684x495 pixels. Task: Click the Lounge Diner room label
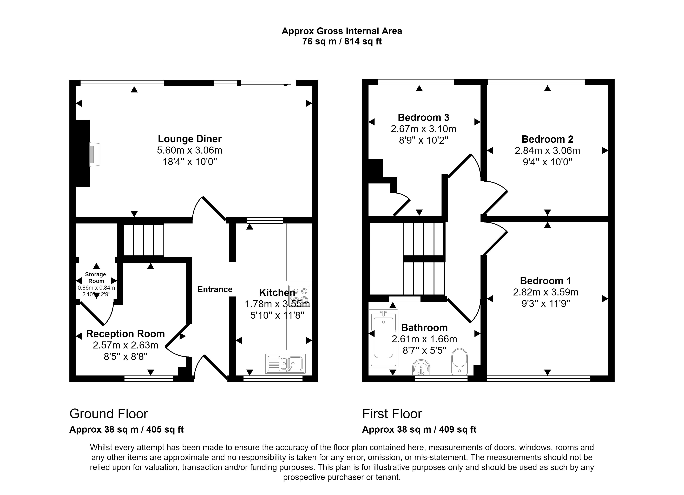pos(190,139)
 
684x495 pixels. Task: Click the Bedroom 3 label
pos(423,117)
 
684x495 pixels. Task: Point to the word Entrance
pos(215,289)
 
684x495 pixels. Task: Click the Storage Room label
pos(96,278)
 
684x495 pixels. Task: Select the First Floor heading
pos(392,414)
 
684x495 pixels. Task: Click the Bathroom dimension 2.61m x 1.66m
pos(424,339)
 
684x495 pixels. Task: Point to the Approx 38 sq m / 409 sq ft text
pos(419,429)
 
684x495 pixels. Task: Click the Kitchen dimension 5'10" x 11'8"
pos(277,315)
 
